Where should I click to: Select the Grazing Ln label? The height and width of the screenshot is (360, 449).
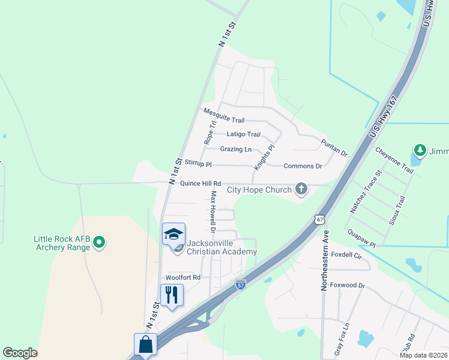(236, 149)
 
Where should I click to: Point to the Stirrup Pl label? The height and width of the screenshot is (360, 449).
(198, 163)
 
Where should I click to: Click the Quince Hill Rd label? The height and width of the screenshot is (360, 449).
(200, 184)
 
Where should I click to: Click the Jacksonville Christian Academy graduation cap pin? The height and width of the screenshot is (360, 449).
(173, 234)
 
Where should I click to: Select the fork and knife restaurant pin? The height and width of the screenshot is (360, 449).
(172, 294)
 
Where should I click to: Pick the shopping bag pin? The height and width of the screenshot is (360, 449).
(145, 345)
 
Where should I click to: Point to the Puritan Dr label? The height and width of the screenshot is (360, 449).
(334, 148)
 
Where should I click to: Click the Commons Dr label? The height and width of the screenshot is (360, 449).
(303, 166)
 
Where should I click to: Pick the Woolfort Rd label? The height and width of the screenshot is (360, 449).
(182, 278)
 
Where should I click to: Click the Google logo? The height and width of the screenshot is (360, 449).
(20, 353)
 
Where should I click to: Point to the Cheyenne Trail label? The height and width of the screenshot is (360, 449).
(394, 161)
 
